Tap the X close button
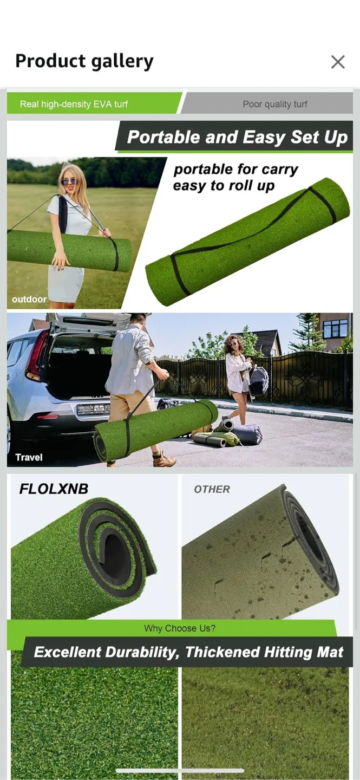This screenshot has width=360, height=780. click(338, 62)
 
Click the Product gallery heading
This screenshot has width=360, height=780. click(84, 61)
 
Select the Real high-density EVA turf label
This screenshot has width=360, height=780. click(74, 104)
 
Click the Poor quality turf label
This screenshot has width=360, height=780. click(274, 104)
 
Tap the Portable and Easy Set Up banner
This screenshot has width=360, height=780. click(237, 137)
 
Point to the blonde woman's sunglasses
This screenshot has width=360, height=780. click(69, 181)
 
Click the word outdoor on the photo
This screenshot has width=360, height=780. click(29, 299)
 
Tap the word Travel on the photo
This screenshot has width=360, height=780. click(29, 457)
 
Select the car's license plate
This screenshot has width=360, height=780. click(93, 409)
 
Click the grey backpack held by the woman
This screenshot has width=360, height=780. click(259, 381)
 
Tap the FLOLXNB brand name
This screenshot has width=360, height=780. click(54, 489)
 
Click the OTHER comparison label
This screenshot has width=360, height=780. click(212, 489)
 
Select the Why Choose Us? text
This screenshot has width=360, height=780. click(180, 628)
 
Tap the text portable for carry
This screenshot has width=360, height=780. click(235, 170)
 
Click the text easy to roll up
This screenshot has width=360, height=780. click(224, 186)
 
